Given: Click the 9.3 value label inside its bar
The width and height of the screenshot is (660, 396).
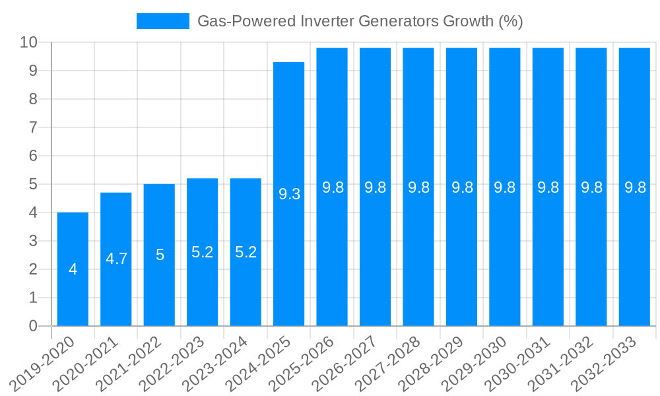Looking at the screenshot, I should point(289,194).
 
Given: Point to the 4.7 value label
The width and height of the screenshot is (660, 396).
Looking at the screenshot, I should point(116,259).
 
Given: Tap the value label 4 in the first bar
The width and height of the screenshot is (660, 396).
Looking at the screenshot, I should point(73,269).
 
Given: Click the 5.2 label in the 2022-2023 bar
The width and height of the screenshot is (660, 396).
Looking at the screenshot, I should point(203,252).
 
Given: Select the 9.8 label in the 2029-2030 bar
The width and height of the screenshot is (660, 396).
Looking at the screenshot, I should point(505,187).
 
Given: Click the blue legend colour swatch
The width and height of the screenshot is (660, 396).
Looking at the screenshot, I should point(162,21).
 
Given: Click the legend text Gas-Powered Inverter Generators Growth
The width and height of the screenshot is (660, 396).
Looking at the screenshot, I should point(360,21).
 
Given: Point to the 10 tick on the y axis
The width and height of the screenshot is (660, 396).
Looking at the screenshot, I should point(29,42).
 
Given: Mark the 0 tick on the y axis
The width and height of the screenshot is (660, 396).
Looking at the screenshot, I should point(33,326).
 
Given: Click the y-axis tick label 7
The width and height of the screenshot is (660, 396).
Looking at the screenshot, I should point(33,127).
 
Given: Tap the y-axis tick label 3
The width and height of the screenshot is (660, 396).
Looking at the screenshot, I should point(33,241).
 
